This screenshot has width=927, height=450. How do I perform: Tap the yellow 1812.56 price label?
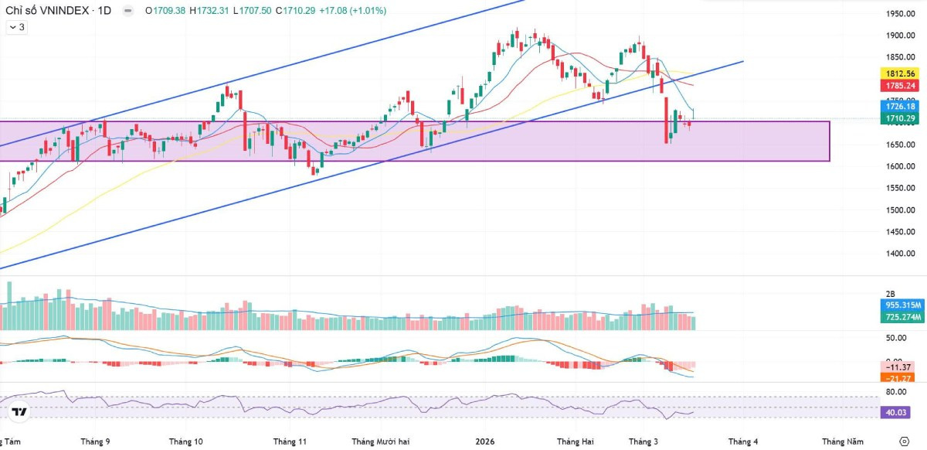(900, 73)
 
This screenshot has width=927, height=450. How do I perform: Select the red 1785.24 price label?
(900, 86)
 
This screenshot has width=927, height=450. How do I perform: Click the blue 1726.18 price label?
(900, 107)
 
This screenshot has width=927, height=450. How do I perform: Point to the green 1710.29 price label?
(900, 118)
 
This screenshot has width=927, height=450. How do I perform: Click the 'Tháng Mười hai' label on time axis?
(380, 441)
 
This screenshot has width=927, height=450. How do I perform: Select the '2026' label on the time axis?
(484, 441)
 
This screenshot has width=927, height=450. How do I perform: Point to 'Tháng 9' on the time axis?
(95, 441)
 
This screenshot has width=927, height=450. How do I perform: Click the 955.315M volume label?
(902, 305)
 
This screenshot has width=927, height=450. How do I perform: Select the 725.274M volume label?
(902, 317)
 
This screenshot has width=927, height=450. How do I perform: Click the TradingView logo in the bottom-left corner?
(20, 412)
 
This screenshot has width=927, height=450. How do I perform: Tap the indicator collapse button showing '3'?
(16, 27)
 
